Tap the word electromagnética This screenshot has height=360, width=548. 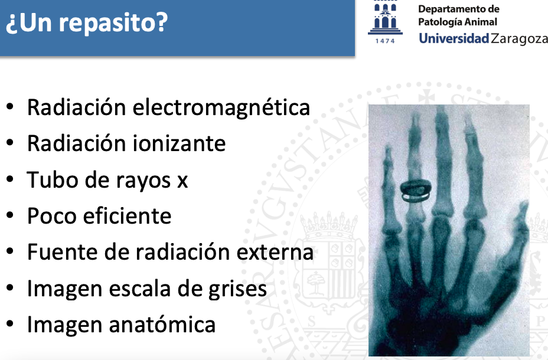(221, 107)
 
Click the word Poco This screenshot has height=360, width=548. (52, 216)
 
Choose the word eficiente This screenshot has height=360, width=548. (127, 215)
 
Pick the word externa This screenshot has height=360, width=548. (275, 252)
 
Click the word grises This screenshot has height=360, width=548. (237, 290)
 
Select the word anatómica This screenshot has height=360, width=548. (162, 324)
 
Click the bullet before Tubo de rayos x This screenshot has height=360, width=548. (10, 179)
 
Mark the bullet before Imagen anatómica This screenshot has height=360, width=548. (10, 323)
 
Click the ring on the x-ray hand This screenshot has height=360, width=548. (416, 191)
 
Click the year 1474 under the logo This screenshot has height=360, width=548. (385, 41)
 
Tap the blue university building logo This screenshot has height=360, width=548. (385, 18)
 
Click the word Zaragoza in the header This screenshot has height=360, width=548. (519, 39)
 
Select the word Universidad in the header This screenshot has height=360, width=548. (454, 38)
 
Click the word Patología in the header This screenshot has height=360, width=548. (439, 22)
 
